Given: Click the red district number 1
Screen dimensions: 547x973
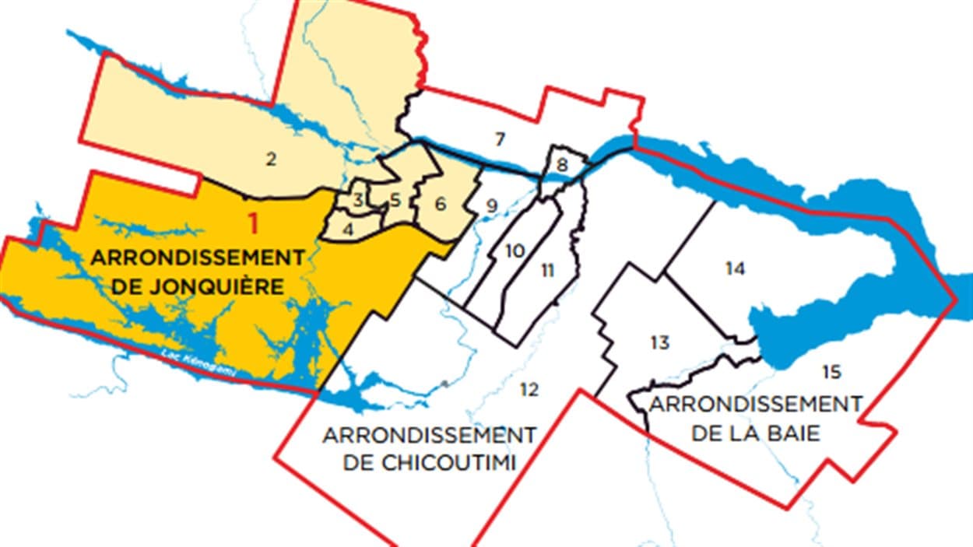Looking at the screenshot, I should (252, 223).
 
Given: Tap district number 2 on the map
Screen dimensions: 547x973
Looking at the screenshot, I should (271, 160).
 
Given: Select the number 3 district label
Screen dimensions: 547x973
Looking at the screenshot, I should (357, 199).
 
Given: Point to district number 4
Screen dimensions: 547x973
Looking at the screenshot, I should (348, 230).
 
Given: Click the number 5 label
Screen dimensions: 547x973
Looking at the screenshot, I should (395, 200).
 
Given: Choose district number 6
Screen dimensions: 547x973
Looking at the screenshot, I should (441, 205).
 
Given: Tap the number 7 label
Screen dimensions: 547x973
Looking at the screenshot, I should (501, 140).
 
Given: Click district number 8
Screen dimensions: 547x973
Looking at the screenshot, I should (562, 165).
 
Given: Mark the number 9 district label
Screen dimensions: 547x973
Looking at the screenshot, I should (491, 206).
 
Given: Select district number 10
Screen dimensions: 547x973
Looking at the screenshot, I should (514, 251).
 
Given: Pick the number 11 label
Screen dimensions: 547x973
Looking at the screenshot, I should (548, 270).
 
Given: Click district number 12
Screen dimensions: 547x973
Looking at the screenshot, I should (529, 389).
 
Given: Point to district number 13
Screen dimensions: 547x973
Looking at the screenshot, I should (660, 342).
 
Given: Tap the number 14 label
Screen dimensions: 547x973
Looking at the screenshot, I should (736, 269).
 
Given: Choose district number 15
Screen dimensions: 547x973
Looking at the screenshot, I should (831, 372).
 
